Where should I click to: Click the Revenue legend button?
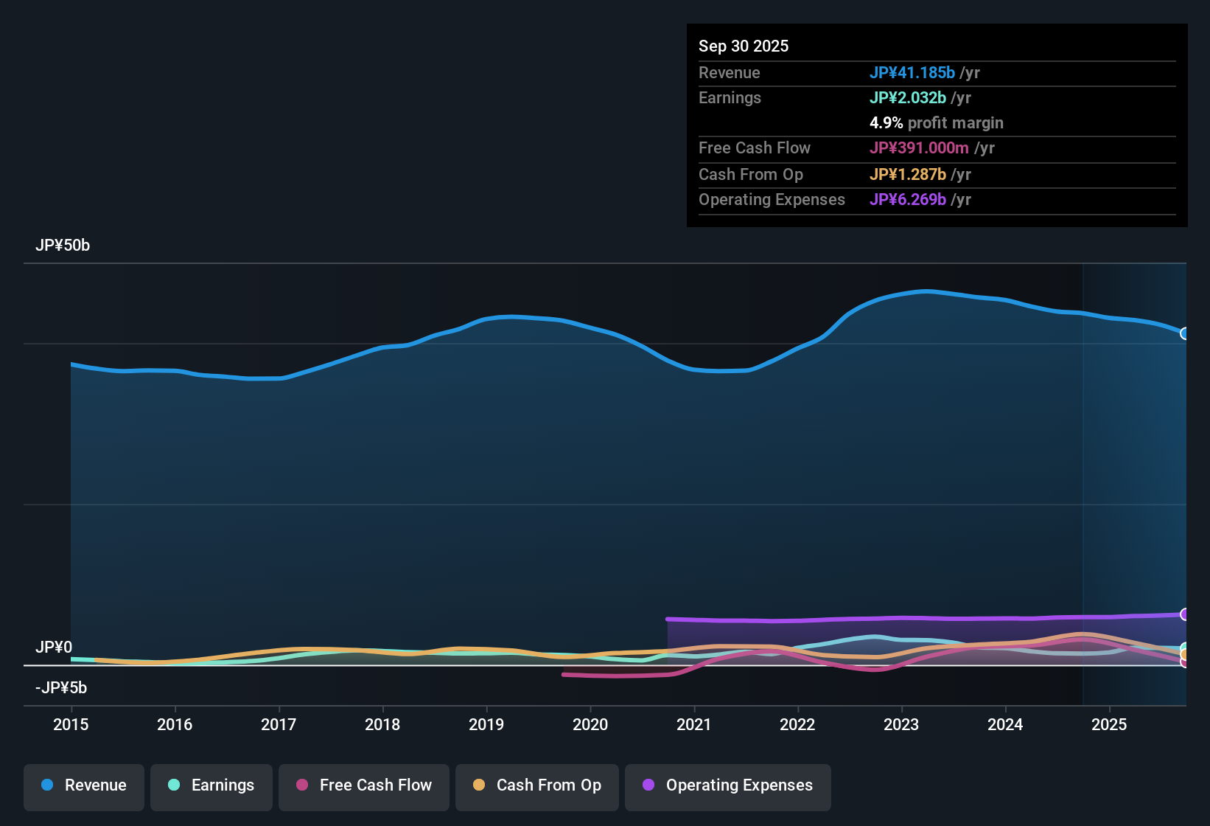84,785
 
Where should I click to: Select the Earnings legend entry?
211,785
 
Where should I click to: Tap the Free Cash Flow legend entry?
364,785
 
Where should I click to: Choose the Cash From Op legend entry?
537,785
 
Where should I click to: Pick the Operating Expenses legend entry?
728,785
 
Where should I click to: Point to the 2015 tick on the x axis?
71,724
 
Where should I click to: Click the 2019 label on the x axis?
486,724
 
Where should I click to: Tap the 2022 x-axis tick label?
797,724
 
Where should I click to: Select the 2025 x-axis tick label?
1109,724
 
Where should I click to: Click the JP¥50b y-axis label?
63,246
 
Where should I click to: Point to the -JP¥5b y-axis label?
61,688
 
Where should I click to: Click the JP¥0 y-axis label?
54,648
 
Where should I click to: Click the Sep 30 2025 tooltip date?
744,46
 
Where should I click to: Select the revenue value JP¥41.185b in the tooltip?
912,72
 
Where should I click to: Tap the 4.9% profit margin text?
936,123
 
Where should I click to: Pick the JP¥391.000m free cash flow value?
919,148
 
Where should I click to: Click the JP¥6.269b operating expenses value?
908,200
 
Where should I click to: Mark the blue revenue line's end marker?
1185,333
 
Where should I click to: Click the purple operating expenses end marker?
1185,614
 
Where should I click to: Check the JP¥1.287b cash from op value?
908,175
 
